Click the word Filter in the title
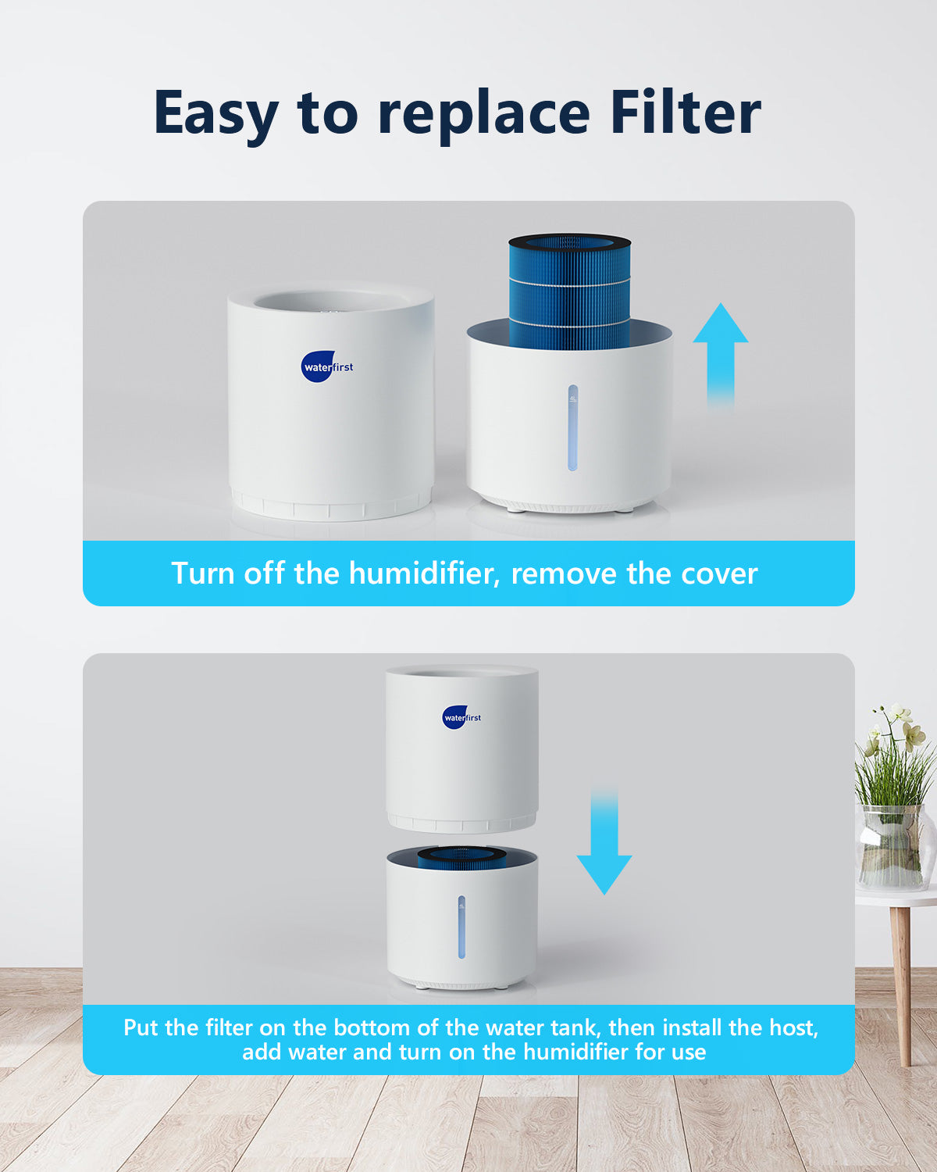pyautogui.click(x=685, y=113)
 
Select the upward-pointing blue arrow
pyautogui.click(x=720, y=357)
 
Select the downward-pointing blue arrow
pyautogui.click(x=604, y=839)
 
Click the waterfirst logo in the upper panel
pyautogui.click(x=327, y=366)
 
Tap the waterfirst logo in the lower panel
pyautogui.click(x=461, y=717)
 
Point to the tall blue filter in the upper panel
pyautogui.click(x=569, y=292)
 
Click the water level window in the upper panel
pyautogui.click(x=573, y=428)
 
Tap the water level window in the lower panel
pyautogui.click(x=461, y=927)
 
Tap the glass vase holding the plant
pyautogui.click(x=894, y=847)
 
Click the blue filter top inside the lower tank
pyautogui.click(x=461, y=859)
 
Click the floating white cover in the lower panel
pyautogui.click(x=462, y=749)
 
